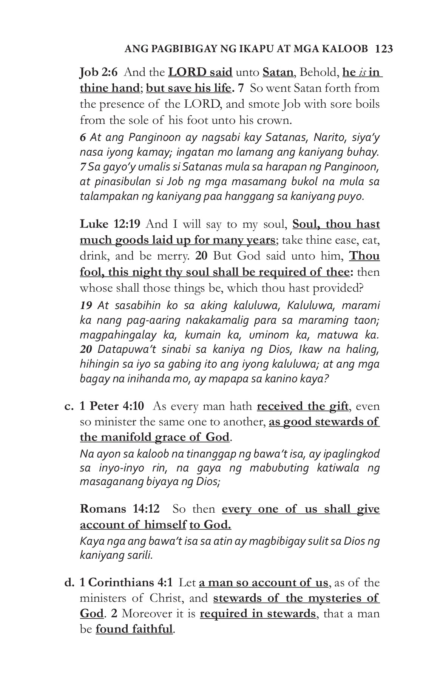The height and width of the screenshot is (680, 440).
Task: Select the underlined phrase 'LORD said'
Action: tap(200, 72)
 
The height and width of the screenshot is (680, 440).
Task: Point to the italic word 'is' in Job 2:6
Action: tap(362, 72)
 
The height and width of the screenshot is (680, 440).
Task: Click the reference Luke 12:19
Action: tap(110, 224)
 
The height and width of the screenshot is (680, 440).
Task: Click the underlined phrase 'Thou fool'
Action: tap(364, 256)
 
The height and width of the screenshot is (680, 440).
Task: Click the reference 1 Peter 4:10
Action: tap(112, 406)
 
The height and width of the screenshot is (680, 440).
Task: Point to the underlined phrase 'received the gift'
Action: tap(302, 406)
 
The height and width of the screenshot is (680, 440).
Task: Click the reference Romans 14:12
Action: tap(120, 509)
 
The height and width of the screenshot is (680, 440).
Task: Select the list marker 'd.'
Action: tap(69, 583)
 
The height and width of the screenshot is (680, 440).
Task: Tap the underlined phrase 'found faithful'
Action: tap(134, 629)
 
